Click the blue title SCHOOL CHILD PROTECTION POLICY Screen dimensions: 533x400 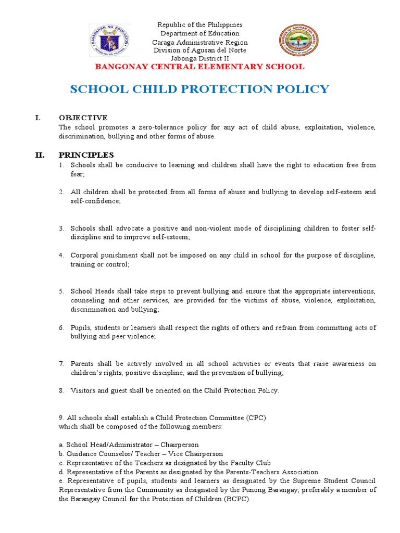click(199, 89)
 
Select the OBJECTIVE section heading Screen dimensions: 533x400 click(83, 118)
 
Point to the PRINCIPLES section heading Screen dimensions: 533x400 click(86, 155)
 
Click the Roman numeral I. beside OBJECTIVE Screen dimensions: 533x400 click(37, 118)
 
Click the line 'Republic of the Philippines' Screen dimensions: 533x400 click(200, 25)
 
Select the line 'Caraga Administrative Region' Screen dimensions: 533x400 click(200, 42)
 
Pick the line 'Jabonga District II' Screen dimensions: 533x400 click(200, 58)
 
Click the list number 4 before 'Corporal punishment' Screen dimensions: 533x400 click(60, 256)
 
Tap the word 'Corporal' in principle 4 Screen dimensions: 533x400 click(83, 256)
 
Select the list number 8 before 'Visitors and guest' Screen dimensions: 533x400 click(60, 391)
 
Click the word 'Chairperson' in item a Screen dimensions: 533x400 click(180, 445)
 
